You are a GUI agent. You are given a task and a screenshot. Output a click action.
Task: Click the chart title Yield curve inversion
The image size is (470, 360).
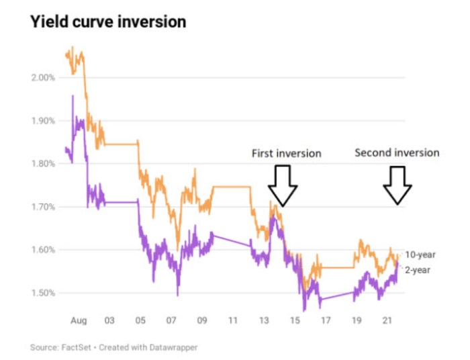108,22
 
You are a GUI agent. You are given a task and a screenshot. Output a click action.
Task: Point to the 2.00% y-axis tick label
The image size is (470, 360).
44,77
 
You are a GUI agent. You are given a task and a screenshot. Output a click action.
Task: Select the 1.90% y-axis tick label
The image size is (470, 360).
44,121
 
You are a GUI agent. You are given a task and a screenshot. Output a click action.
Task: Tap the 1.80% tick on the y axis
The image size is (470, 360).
44,164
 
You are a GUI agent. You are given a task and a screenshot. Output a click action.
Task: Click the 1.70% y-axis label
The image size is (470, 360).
44,207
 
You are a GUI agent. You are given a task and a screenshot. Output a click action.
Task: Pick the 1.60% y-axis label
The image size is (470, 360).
44,250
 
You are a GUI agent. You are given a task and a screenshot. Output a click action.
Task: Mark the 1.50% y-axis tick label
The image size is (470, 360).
44,293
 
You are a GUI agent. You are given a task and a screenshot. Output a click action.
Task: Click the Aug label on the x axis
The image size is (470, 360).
79,321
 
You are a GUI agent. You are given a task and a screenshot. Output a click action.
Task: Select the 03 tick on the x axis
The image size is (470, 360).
109,321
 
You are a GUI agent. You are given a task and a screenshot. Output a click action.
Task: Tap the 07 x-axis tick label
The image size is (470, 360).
171,321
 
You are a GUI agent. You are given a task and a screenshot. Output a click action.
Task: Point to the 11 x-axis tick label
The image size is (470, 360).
233,321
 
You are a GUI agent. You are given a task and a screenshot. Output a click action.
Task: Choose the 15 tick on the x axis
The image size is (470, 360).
295,321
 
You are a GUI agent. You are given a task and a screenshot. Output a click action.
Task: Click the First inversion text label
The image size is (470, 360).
286,154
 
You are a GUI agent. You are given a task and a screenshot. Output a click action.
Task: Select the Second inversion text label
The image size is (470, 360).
397,152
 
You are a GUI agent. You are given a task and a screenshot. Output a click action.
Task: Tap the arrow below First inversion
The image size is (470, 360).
282,185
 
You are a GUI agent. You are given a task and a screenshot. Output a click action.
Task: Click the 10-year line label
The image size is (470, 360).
421,255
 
